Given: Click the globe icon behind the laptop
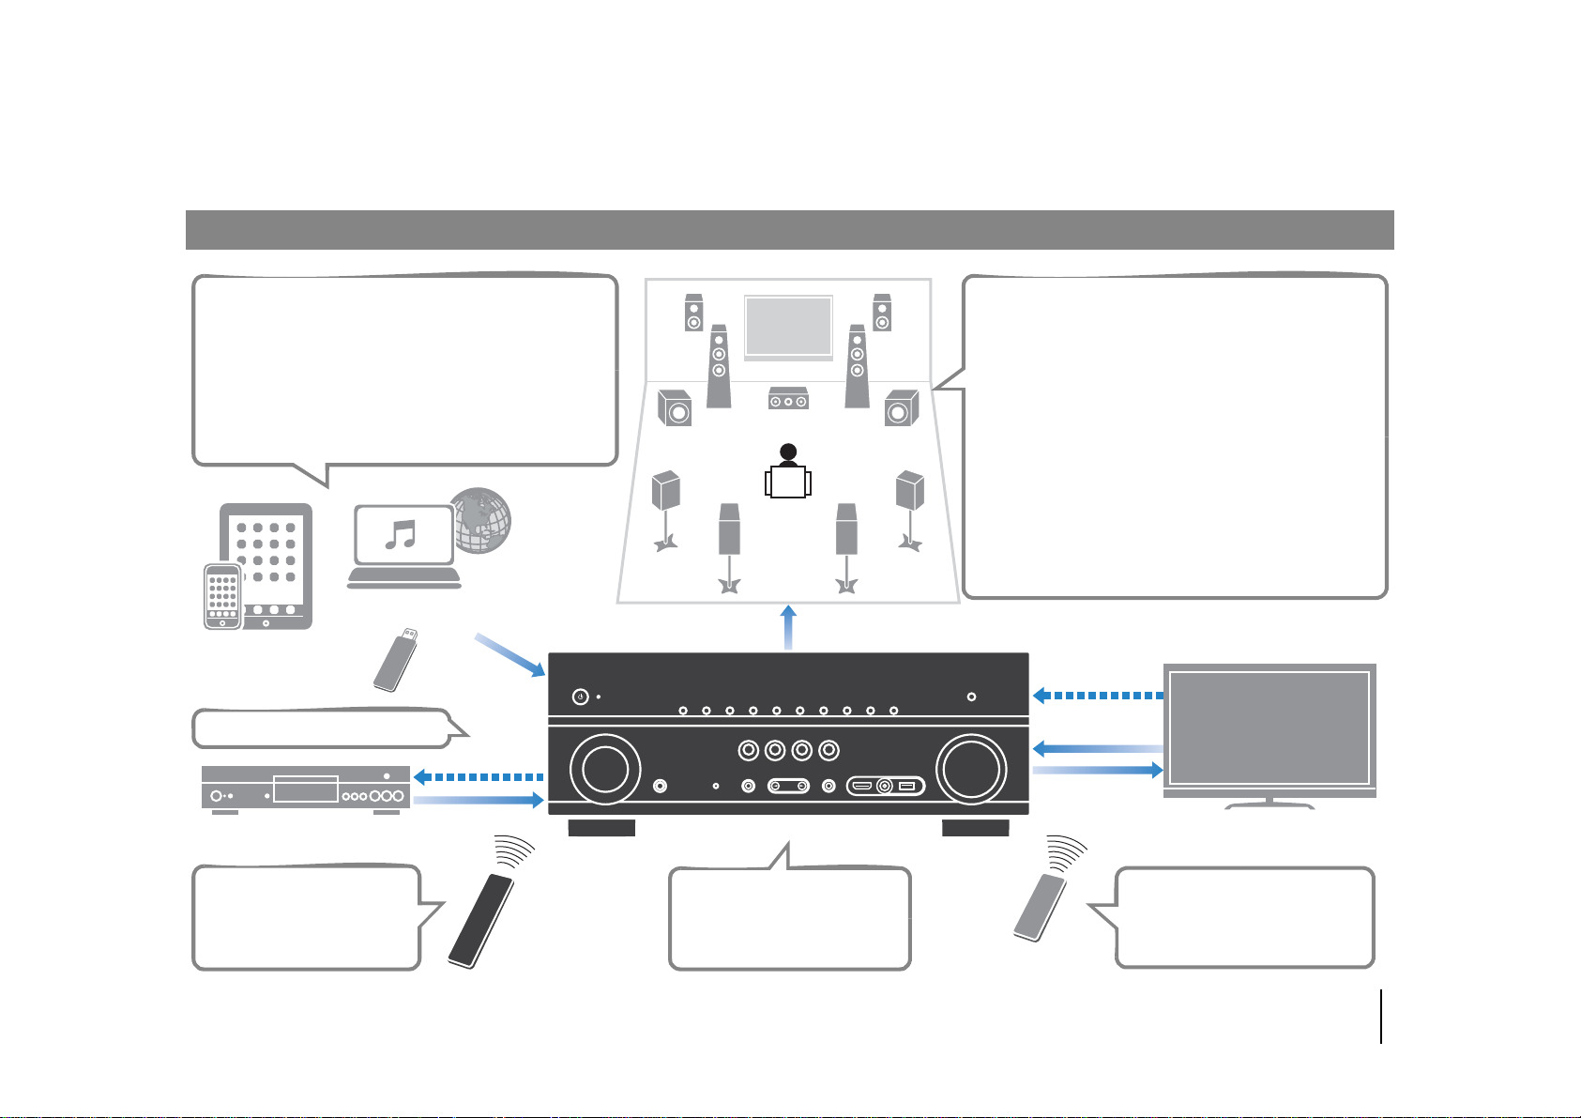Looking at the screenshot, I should [483, 520].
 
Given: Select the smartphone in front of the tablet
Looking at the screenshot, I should [222, 596].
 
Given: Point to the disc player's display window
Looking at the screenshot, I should [305, 789].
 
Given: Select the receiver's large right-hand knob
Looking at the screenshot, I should [971, 768].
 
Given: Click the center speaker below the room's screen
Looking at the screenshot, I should [788, 399].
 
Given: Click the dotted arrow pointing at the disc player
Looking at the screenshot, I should [479, 776].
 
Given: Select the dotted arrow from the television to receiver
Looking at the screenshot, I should [1097, 696].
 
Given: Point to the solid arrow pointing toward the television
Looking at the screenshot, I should [1097, 770].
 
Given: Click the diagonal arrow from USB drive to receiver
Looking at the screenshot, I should [510, 655].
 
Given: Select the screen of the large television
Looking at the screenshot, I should [1269, 728].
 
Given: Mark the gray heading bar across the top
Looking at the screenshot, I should [789, 230].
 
